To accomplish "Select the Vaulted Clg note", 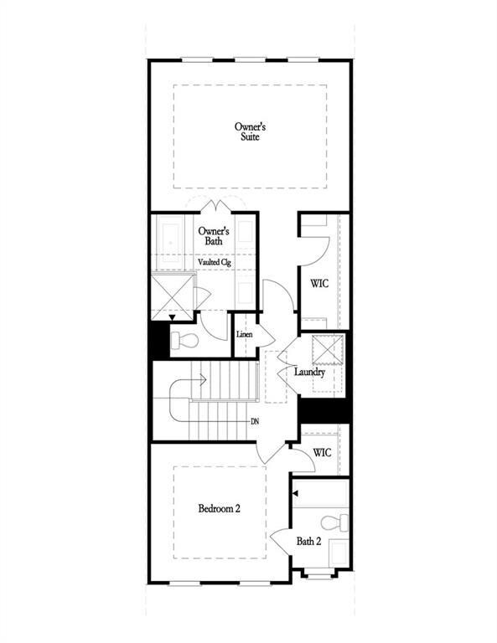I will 214,262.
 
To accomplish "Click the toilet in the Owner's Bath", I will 185,341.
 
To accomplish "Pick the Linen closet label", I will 245,335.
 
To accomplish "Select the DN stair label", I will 255,421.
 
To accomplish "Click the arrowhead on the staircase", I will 202,380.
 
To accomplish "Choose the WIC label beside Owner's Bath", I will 318,284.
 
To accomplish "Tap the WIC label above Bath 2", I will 322,453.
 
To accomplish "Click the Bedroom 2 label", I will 220,508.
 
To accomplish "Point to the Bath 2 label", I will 308,541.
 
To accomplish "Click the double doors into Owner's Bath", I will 217,205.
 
